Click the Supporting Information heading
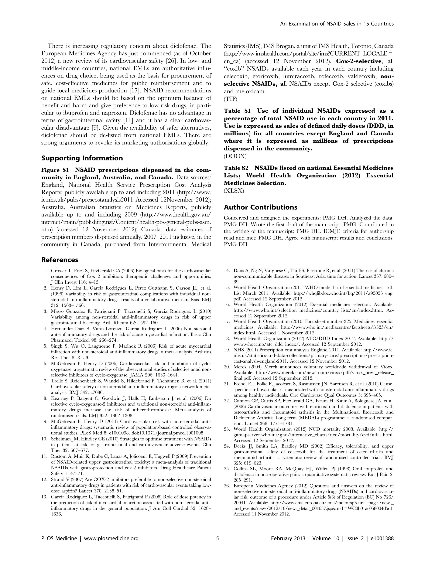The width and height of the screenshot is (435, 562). [x=82, y=158]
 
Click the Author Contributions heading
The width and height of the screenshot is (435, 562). [x=260, y=207]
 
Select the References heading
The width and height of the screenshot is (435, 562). [x=60, y=260]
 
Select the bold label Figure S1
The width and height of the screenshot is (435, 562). [x=55, y=170]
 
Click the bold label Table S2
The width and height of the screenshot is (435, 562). [x=236, y=168]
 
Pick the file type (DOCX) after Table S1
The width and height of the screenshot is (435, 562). [x=235, y=156]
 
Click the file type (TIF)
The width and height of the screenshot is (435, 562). [x=230, y=99]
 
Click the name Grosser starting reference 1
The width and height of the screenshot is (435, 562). [x=59, y=271]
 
